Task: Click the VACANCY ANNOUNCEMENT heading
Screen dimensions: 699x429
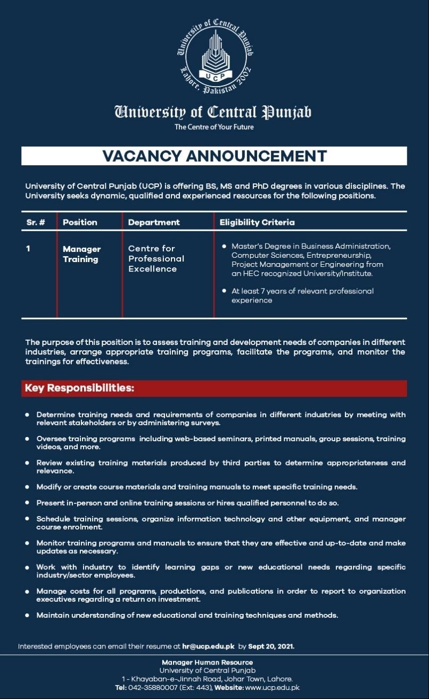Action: pos(214,156)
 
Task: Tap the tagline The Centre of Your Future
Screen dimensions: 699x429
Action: pos(214,127)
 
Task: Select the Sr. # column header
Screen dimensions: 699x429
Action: pos(36,222)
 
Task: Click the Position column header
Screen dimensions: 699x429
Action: pos(80,222)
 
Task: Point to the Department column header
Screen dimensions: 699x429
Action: pos(154,222)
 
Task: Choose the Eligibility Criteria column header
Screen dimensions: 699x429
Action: pos(257,222)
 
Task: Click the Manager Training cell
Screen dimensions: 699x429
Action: pos(81,254)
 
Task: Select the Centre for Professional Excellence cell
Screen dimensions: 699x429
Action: pos(156,258)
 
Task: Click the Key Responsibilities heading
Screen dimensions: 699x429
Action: pos(79,388)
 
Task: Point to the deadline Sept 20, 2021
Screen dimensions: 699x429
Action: pos(271,646)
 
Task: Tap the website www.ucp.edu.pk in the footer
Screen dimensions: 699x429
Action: pos(273,687)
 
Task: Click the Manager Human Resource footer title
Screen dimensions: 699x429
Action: pos(208,662)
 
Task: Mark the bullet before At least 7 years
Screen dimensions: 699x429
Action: pos(226,291)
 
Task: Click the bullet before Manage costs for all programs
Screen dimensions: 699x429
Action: pos(27,591)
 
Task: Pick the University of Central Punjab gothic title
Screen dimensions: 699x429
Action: pos(213,112)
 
